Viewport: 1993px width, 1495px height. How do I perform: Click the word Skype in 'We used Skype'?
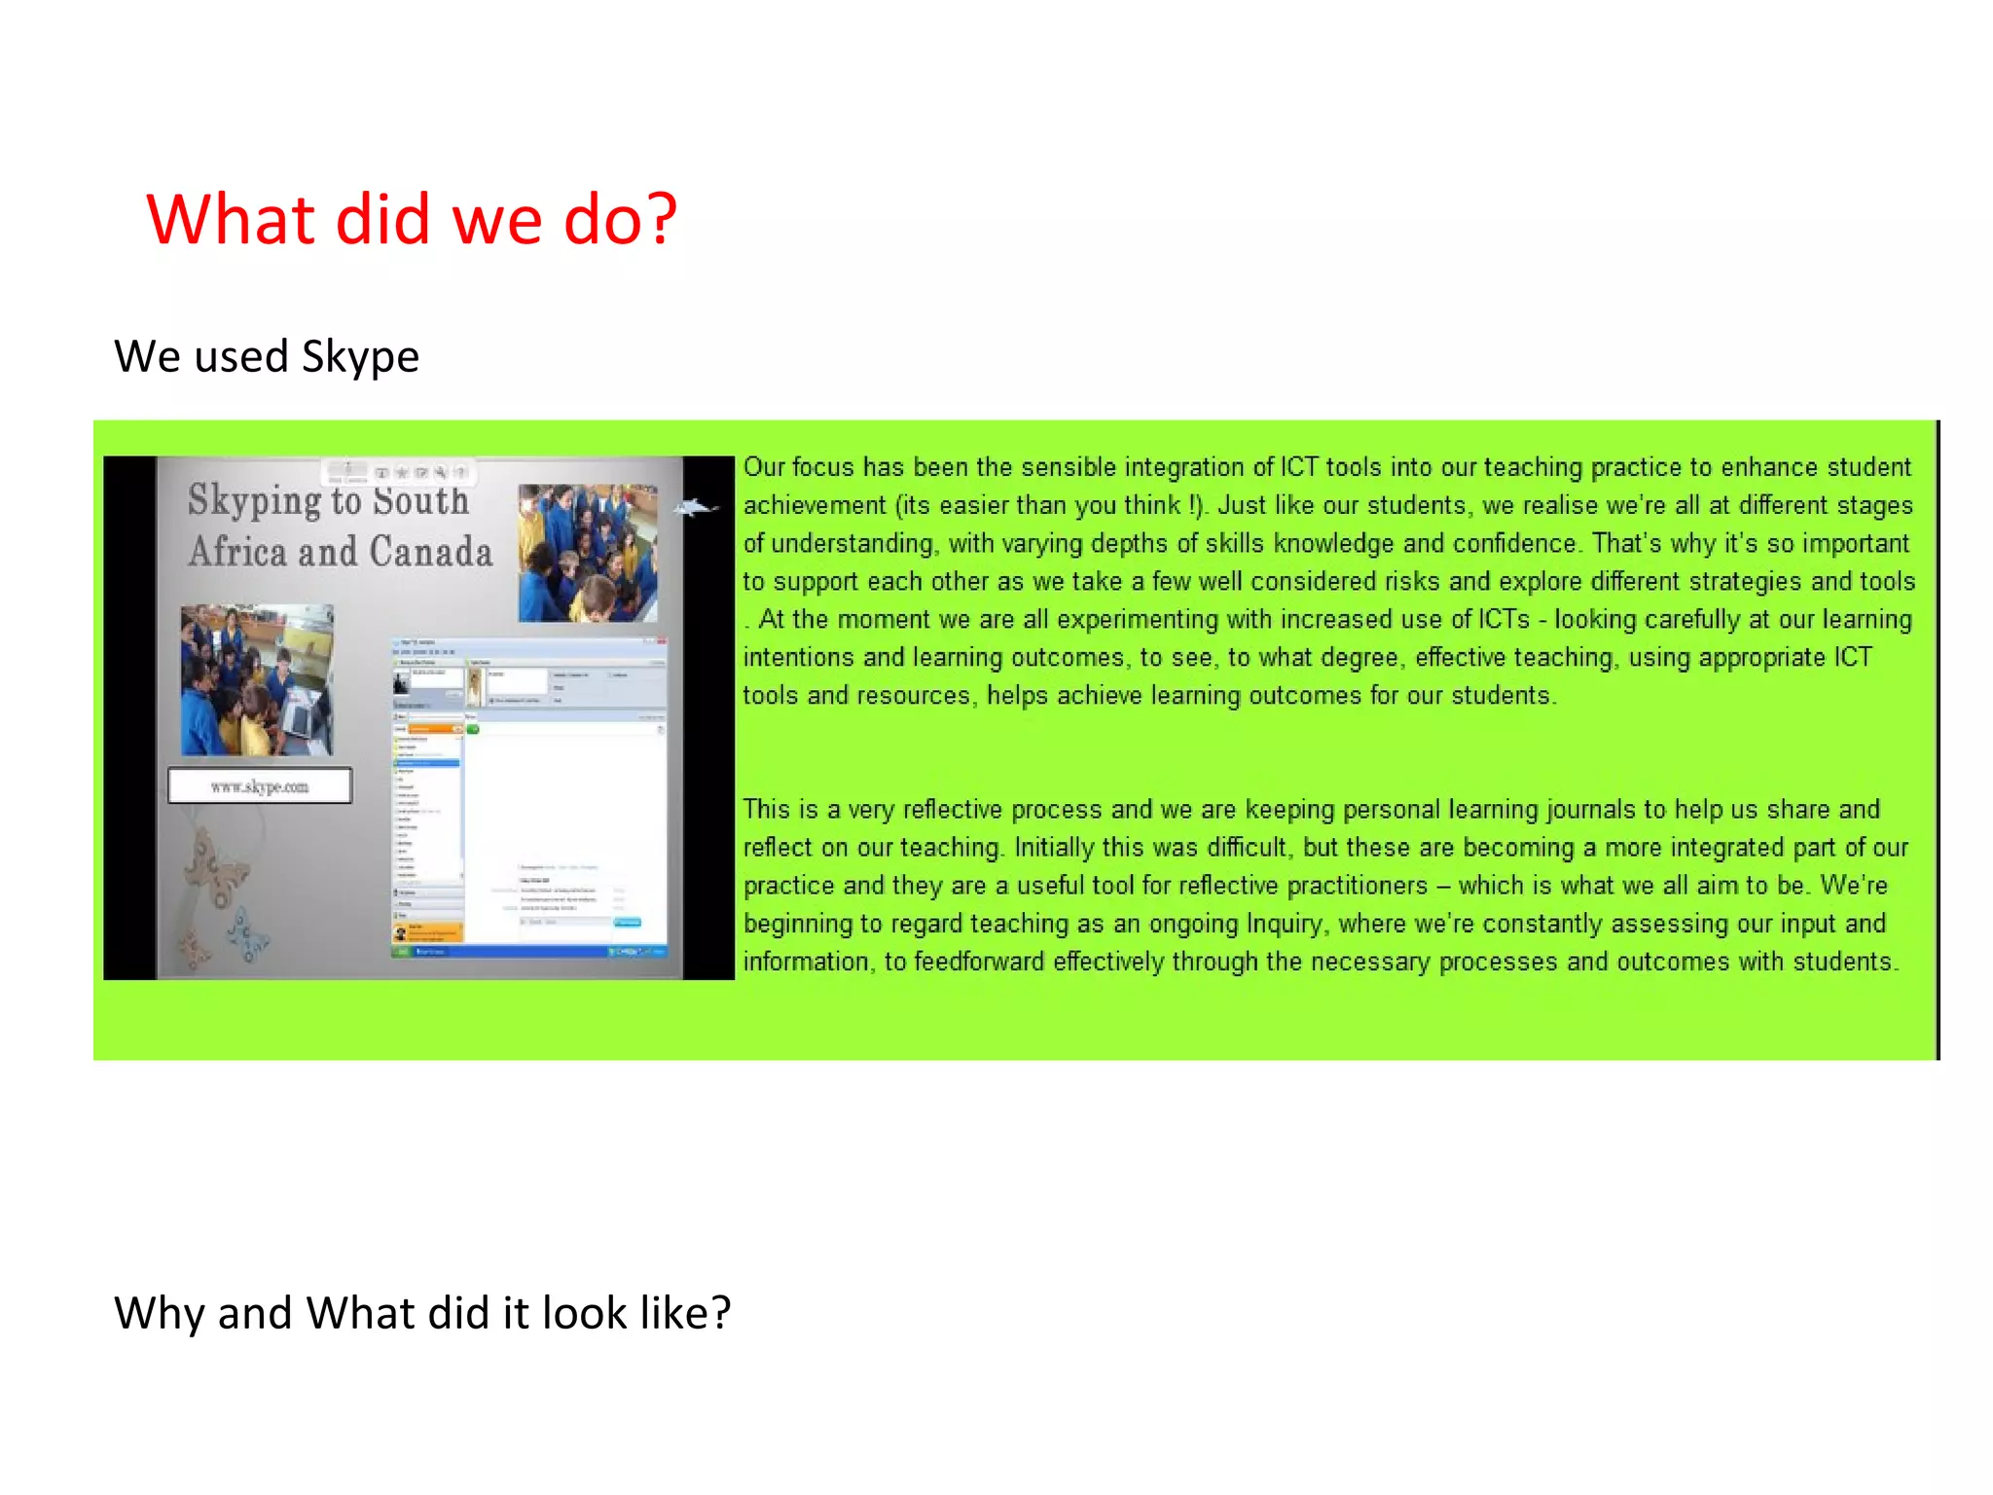pyautogui.click(x=360, y=357)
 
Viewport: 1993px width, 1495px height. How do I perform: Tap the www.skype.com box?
pyautogui.click(x=260, y=785)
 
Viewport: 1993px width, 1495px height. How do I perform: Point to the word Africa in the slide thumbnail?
pyautogui.click(x=238, y=552)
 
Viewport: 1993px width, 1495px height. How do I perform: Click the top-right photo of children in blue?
pyautogui.click(x=588, y=553)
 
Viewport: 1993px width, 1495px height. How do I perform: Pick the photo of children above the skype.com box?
pyautogui.click(x=257, y=679)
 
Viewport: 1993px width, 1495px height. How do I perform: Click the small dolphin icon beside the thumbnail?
pyautogui.click(x=697, y=507)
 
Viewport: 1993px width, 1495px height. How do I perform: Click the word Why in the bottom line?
pyautogui.click(x=159, y=1313)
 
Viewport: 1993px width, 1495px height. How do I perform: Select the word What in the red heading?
pyautogui.click(x=232, y=219)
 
